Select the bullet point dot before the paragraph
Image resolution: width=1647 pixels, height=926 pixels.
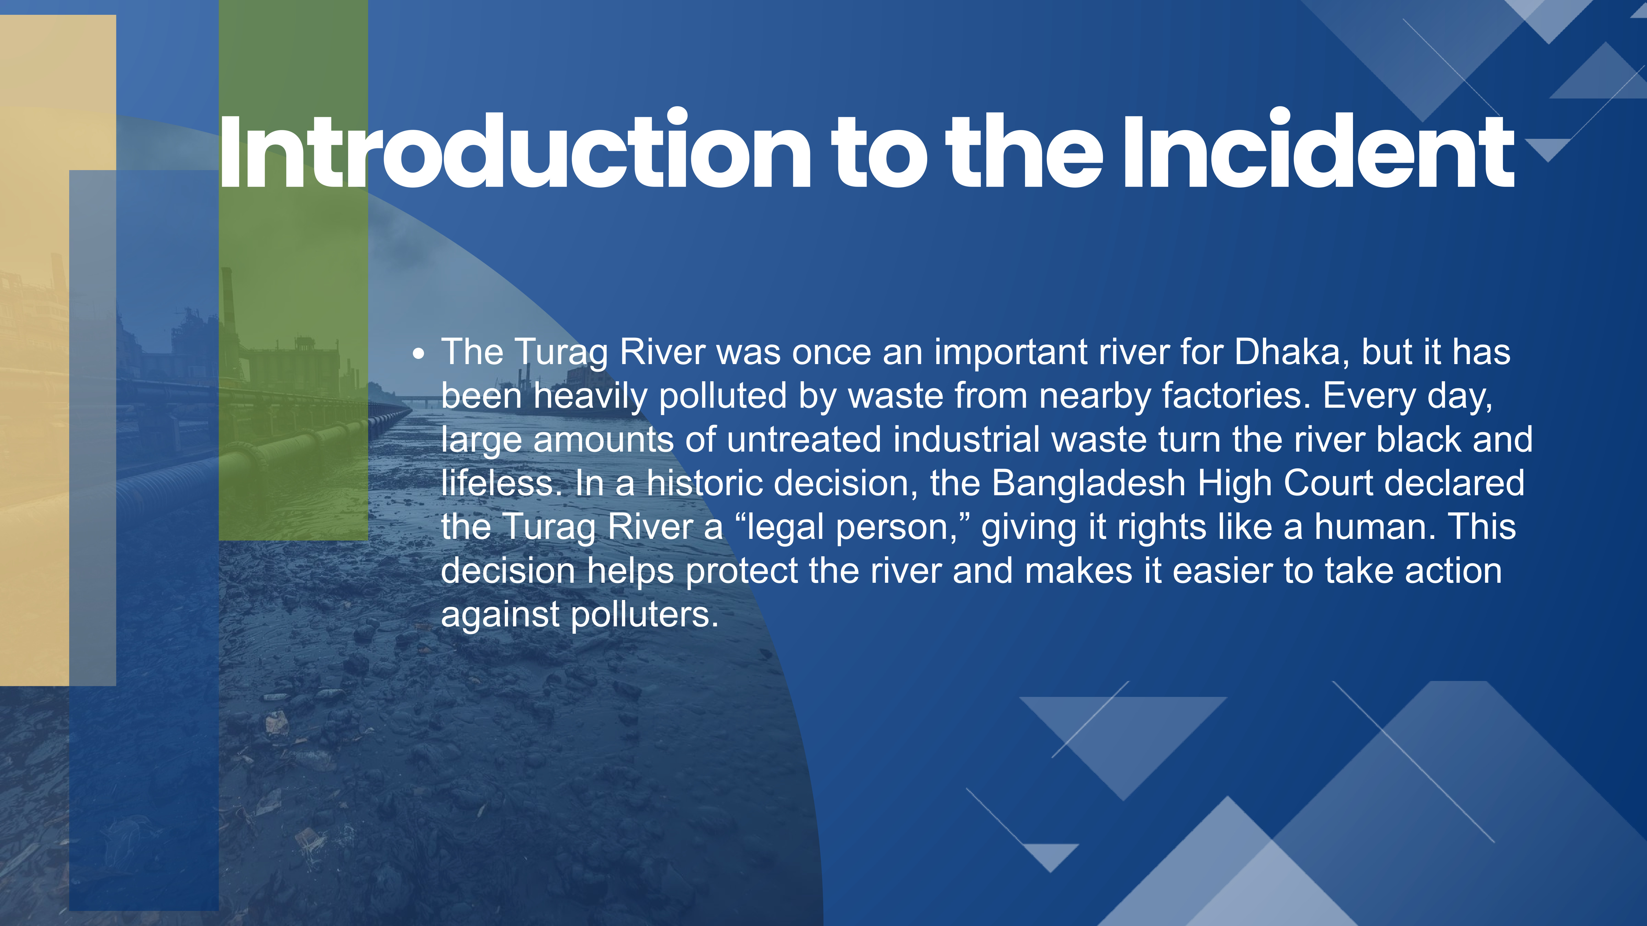(x=419, y=355)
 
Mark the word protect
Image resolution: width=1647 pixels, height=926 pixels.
(x=742, y=571)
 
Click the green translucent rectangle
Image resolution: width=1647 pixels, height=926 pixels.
(x=293, y=270)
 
